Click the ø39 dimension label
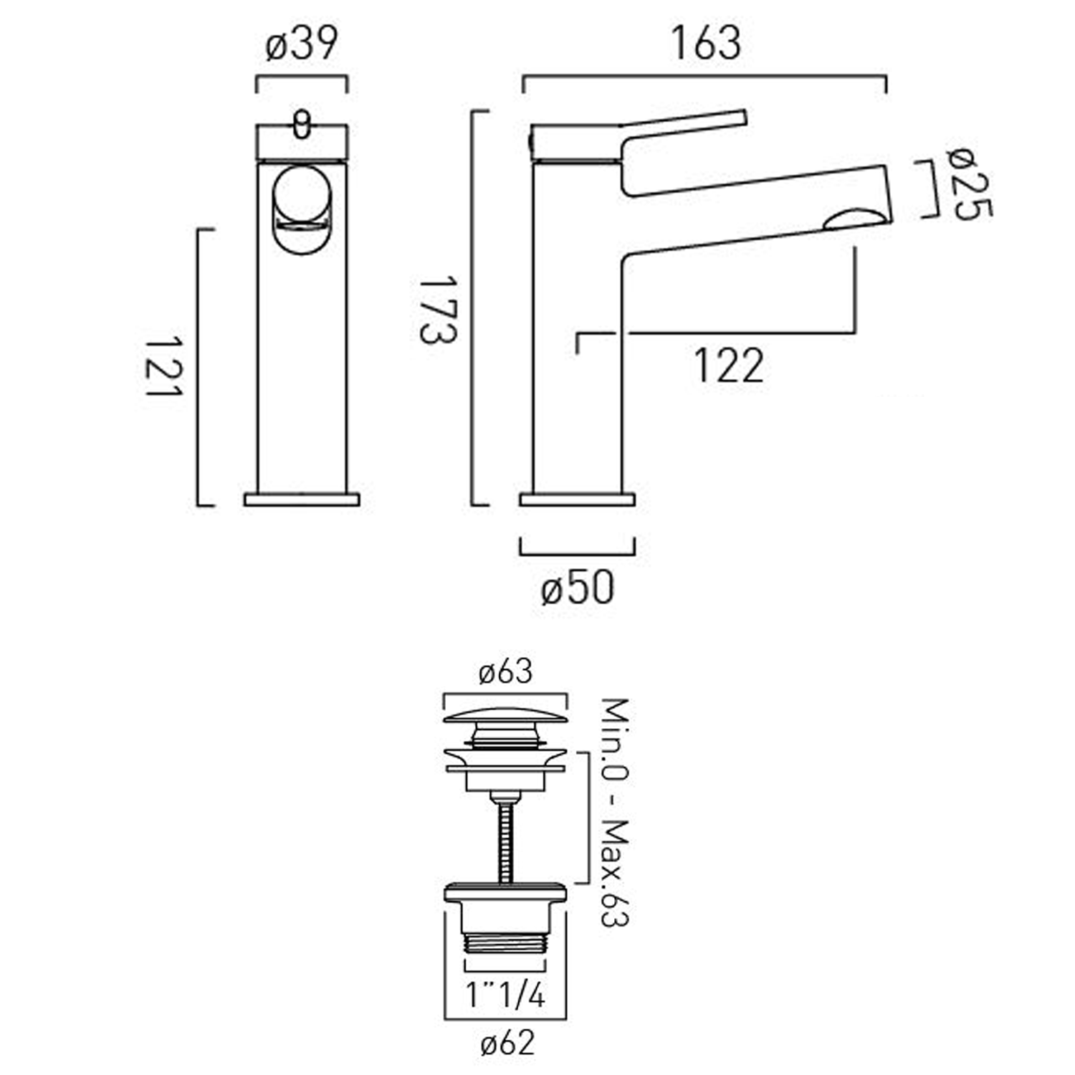[302, 44]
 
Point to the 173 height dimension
[436, 309]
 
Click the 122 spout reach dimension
[727, 366]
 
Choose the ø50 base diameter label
[578, 588]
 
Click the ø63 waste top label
[506, 672]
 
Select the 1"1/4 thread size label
[506, 995]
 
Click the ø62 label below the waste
[507, 1043]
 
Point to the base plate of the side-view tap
[577, 500]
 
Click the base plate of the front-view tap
[302, 500]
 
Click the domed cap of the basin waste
[505, 716]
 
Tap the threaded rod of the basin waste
[506, 838]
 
